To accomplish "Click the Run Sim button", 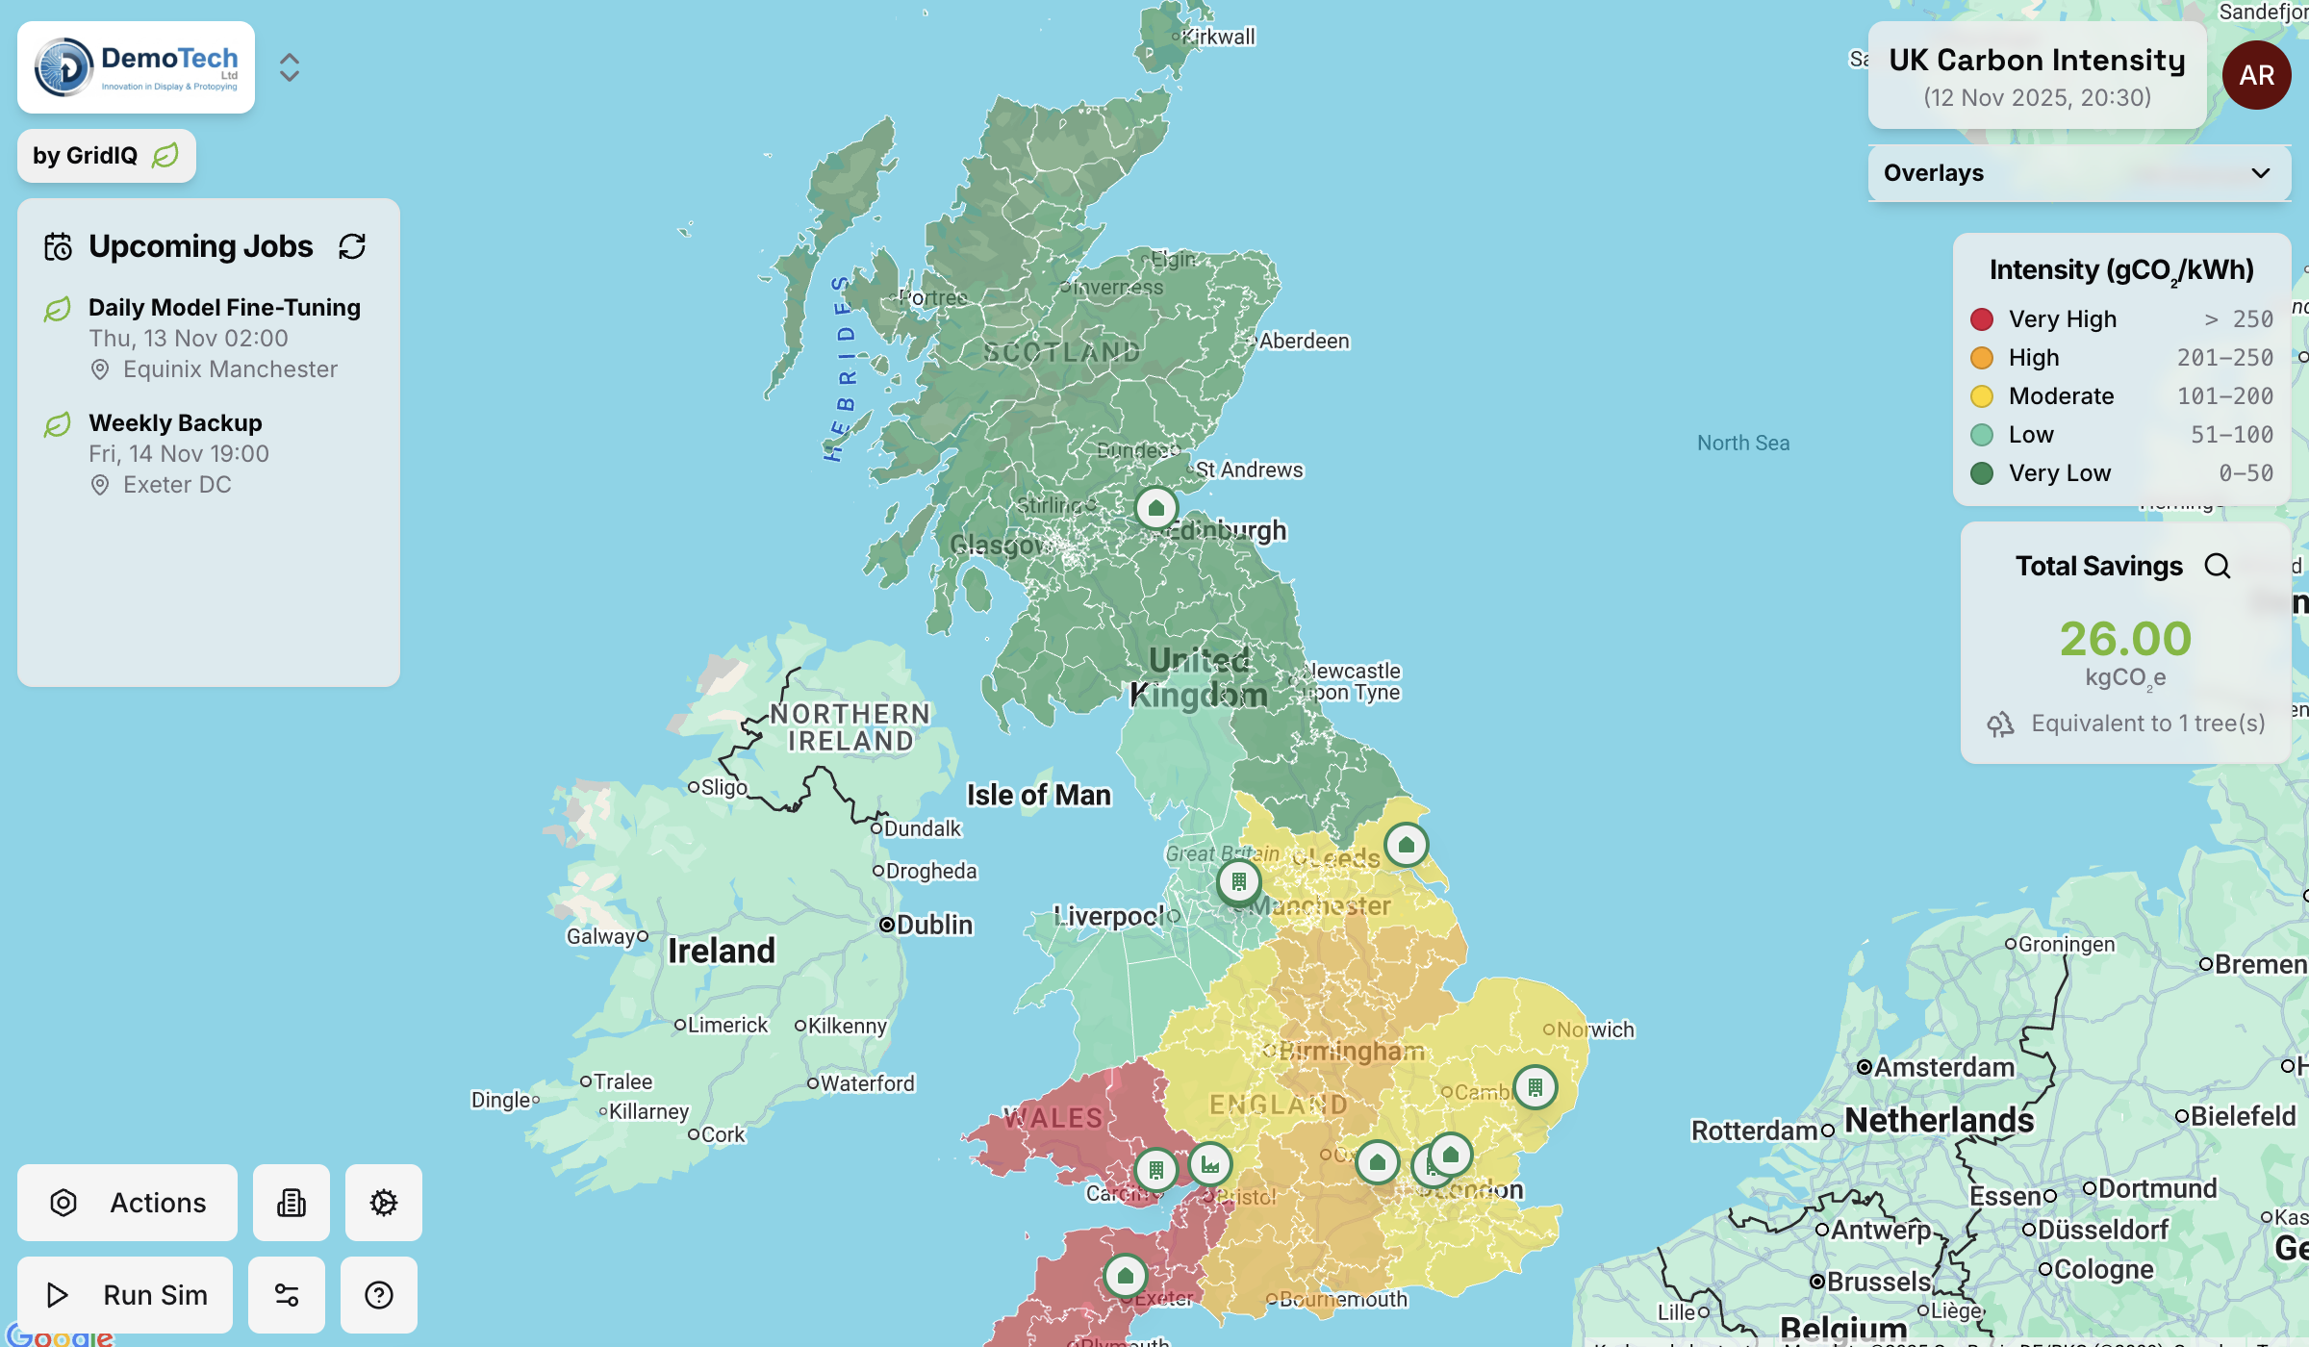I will pos(126,1295).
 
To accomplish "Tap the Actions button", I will pos(128,1203).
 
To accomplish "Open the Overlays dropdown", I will pos(2078,173).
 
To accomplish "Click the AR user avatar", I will pos(2256,75).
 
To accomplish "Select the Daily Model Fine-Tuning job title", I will pos(224,308).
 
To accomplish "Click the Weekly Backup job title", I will pos(175,423).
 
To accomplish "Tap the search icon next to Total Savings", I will pos(2218,566).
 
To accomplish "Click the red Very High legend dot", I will pos(1982,319).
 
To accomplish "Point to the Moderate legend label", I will pos(2061,396).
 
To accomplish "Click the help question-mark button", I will pos(379,1295).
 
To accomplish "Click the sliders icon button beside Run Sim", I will pos(287,1295).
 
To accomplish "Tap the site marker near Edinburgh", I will pos(1156,508).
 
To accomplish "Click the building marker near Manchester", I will pos(1239,881).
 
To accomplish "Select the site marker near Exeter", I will pos(1125,1276).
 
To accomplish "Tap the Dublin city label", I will pos(934,925).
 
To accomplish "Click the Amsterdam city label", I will pos(1943,1067).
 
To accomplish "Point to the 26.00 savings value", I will pos(2125,639).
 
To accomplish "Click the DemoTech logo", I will pos(136,67).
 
